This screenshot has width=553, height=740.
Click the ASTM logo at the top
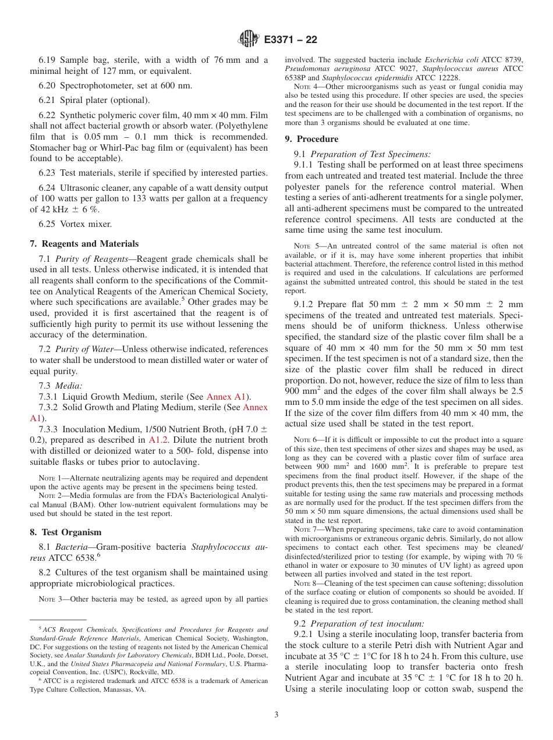click(249, 40)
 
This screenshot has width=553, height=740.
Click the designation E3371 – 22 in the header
click(290, 40)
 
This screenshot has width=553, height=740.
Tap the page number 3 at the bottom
click(276, 715)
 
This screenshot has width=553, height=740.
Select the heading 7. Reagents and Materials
click(84, 244)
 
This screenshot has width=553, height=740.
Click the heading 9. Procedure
click(311, 139)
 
